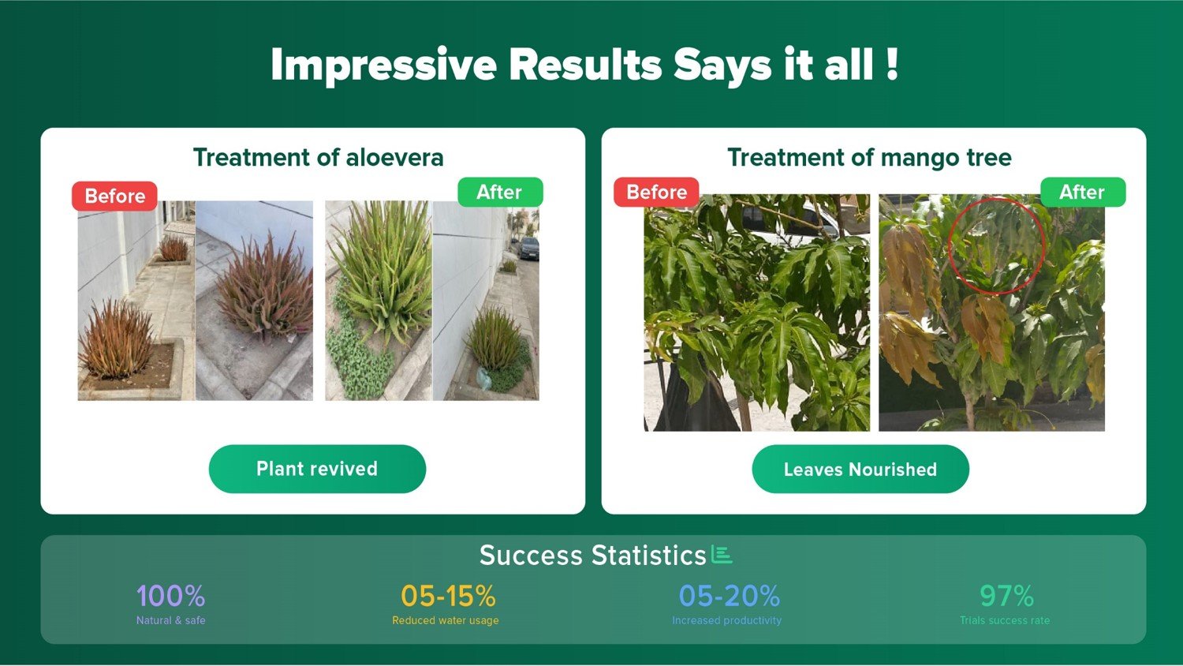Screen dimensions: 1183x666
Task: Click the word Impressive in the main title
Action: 383,65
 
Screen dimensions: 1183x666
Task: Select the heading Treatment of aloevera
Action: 318,157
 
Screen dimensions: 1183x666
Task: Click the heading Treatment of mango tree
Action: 869,157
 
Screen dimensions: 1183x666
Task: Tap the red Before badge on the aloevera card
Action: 114,196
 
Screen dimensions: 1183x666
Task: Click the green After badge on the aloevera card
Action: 499,192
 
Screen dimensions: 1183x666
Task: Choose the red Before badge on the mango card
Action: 656,192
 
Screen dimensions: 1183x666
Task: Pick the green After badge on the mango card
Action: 1083,192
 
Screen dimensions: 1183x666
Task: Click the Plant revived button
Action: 317,469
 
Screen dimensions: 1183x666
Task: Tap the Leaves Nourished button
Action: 860,469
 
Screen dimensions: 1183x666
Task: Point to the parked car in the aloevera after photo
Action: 528,248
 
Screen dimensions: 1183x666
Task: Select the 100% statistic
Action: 170,596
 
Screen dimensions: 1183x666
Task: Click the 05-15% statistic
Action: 448,596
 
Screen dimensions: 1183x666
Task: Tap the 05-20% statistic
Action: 729,596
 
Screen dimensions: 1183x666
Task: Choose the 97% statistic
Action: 1006,596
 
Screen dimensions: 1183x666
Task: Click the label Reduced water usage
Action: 446,620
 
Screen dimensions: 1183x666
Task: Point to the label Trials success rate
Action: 1005,620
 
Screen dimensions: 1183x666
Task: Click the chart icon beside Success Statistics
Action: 722,554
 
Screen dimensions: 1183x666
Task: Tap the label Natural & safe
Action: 170,620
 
